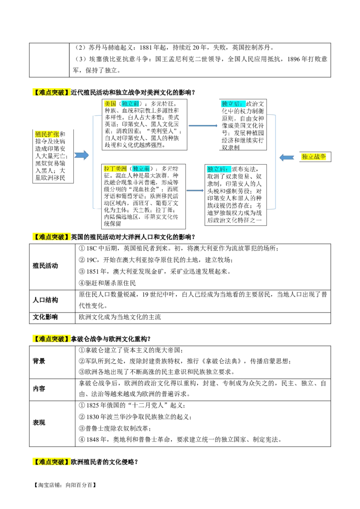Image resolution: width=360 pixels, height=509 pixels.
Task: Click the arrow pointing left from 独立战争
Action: [287, 157]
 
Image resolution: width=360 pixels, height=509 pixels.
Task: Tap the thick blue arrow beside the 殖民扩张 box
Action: [81, 155]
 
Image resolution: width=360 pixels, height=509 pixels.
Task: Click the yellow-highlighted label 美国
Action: [110, 103]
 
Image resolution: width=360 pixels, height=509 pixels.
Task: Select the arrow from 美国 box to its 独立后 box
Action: [203, 125]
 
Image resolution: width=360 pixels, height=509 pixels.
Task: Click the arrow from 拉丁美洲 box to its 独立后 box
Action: [195, 191]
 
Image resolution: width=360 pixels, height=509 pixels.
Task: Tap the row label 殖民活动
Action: [45, 266]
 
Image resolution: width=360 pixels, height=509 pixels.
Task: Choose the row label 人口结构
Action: [45, 300]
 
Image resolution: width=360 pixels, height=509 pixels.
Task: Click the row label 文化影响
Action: [45, 317]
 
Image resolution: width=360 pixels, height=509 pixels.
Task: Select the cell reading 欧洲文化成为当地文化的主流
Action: [120, 317]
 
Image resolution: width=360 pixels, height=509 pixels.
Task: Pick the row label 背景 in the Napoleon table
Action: [39, 362]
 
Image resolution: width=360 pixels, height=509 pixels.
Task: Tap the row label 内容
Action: [39, 388]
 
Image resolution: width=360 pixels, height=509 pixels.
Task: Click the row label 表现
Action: [39, 423]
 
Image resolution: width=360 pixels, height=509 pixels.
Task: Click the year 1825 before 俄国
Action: [93, 406]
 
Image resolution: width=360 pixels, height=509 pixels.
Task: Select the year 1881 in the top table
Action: [145, 48]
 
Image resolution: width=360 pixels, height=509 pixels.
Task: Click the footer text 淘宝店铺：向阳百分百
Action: [65, 485]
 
